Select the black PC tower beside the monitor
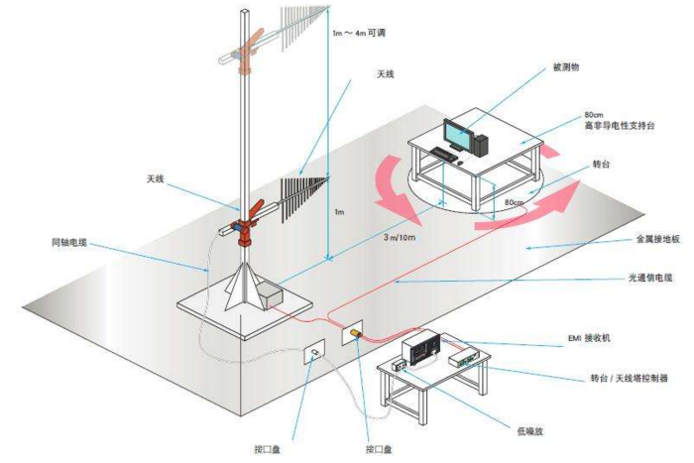tap(481, 143)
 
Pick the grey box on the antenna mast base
tap(268, 294)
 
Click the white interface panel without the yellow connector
tap(312, 352)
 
